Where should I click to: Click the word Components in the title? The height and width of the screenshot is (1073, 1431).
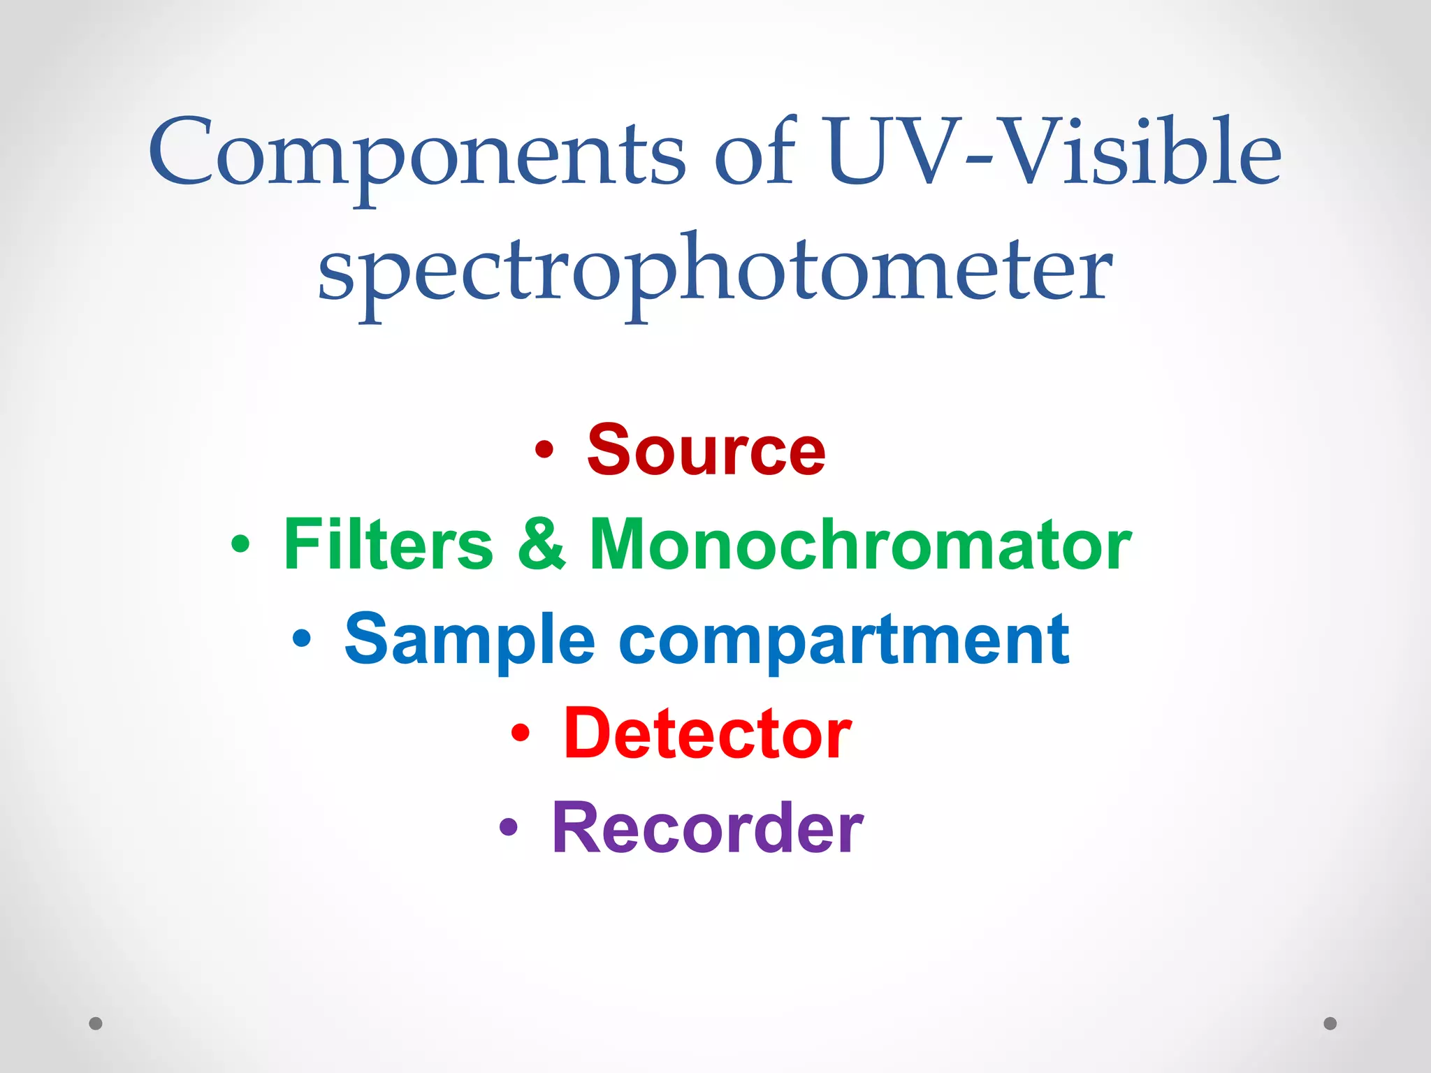tap(416, 155)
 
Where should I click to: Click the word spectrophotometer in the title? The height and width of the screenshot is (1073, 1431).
tap(715, 272)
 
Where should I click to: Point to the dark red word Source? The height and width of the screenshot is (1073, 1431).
tap(706, 451)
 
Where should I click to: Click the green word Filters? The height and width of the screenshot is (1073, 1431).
tap(388, 545)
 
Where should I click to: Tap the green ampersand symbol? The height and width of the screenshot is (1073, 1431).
tap(542, 545)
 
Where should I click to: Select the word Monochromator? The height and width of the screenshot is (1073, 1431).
tap(860, 545)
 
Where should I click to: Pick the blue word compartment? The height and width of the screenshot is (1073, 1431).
tap(844, 640)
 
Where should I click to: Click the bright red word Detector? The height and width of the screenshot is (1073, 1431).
tap(708, 733)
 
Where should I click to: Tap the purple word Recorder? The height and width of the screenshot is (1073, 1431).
tap(708, 828)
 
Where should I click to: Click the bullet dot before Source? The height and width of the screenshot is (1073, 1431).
tap(544, 450)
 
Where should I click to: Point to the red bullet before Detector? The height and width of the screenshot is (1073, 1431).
tap(521, 733)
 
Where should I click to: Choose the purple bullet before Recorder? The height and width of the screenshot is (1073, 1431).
tap(509, 827)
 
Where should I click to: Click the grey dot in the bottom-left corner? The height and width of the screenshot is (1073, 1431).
tap(96, 1023)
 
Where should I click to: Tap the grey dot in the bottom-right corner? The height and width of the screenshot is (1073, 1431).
tap(1330, 1023)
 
